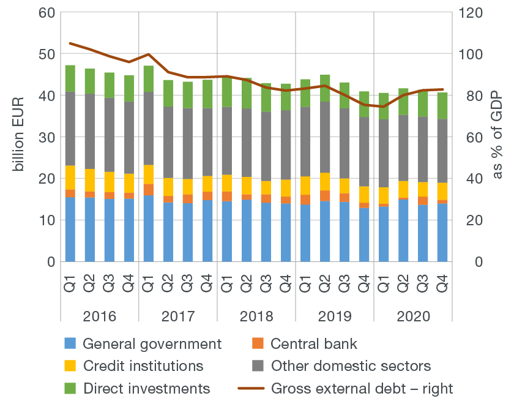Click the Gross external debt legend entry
click(362, 388)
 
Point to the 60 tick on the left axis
click(47, 12)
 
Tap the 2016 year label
click(100, 317)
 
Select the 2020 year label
click(414, 317)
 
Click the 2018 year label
click(256, 317)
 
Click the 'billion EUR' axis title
click(19, 137)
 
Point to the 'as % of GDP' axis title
click(497, 137)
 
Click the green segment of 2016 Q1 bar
click(70, 78)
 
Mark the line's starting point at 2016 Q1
click(70, 43)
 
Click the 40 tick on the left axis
click(47, 95)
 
